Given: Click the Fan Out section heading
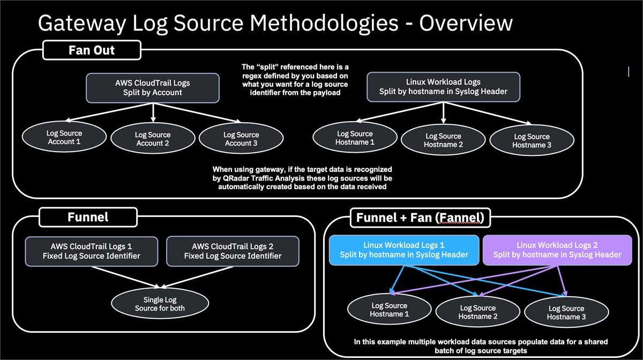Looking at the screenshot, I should pyautogui.click(x=92, y=50).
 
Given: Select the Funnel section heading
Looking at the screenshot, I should pyautogui.click(x=88, y=216).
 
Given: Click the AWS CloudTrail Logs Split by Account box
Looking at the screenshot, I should pyautogui.click(x=153, y=87).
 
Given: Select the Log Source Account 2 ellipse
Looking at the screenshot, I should pyautogui.click(x=153, y=139).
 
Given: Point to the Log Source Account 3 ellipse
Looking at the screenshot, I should pyautogui.click(x=241, y=139).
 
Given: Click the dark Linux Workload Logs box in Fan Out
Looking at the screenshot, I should pyautogui.click(x=443, y=87).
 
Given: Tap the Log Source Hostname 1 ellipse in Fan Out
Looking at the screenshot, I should pyautogui.click(x=354, y=138).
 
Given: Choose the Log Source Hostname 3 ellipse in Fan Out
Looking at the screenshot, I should pyautogui.click(x=531, y=140).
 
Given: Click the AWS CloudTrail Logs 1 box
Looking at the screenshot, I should pyautogui.click(x=92, y=251).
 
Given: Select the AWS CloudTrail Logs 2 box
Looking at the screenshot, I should pyautogui.click(x=233, y=251).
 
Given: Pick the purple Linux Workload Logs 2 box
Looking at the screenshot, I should pyautogui.click(x=557, y=250).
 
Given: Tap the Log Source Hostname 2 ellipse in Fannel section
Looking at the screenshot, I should pyautogui.click(x=477, y=312).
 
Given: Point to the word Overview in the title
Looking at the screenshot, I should pyautogui.click(x=466, y=24).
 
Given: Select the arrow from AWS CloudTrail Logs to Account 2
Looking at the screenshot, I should pyautogui.click(x=153, y=111).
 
